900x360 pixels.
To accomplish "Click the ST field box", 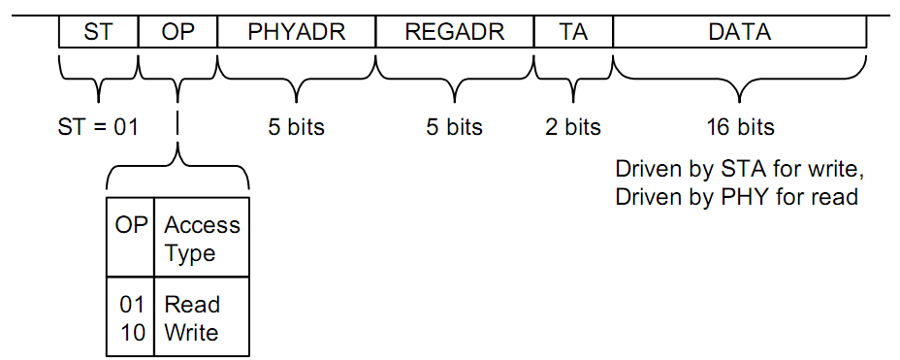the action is point(99,32).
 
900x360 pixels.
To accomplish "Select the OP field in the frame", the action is point(177,32).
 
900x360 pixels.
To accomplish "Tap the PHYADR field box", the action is point(297,32).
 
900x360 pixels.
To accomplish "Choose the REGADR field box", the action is point(455,32).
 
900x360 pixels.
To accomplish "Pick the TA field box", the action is point(573,32).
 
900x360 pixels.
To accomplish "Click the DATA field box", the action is point(739,32).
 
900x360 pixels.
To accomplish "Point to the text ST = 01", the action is point(98,127).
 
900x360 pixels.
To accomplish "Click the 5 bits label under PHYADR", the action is point(296,127).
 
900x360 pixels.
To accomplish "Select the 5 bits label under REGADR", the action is point(454,127).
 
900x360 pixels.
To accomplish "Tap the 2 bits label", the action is point(573,127).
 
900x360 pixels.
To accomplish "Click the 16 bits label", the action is point(739,127).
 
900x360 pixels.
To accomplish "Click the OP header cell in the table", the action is point(131,237).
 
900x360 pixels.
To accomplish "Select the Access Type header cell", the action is point(202,237).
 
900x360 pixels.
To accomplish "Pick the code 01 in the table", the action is point(132,305).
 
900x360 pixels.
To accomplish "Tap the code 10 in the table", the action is point(132,333).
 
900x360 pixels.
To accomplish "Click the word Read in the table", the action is point(192,305).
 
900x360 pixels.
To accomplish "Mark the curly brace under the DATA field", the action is point(739,81).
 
